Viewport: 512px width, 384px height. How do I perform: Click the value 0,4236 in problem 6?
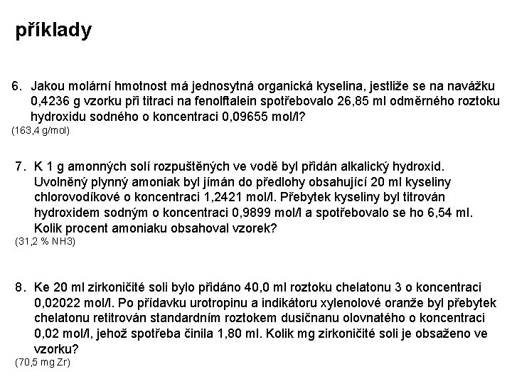tap(50, 102)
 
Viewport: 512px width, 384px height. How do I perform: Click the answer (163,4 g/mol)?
tap(41, 132)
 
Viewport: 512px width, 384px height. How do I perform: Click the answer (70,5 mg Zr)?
tap(42, 363)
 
